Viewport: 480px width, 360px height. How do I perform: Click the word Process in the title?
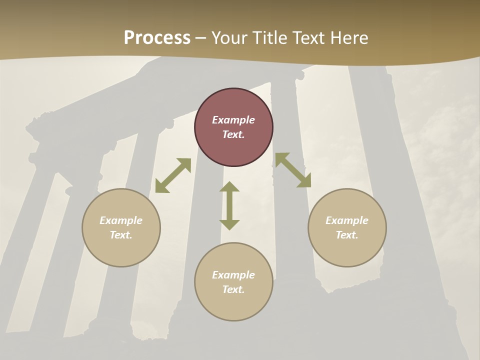pos(157,38)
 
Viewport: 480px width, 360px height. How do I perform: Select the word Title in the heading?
pos(272,38)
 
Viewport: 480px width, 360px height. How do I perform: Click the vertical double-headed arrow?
pos(229,205)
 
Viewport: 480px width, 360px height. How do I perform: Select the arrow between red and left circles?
pos(173,175)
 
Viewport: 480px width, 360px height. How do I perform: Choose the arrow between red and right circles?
pos(293,170)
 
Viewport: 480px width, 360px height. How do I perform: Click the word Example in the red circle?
pos(233,120)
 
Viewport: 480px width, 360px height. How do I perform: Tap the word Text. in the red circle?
pos(233,134)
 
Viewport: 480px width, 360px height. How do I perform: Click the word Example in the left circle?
pos(121,220)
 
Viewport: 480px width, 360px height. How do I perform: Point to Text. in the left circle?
pos(121,235)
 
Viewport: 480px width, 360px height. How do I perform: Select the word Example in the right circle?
pos(347,220)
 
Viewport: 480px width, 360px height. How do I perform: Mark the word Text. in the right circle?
pos(347,235)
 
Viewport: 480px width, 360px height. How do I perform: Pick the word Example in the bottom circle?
pos(233,275)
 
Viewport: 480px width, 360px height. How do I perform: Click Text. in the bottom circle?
pos(233,289)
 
